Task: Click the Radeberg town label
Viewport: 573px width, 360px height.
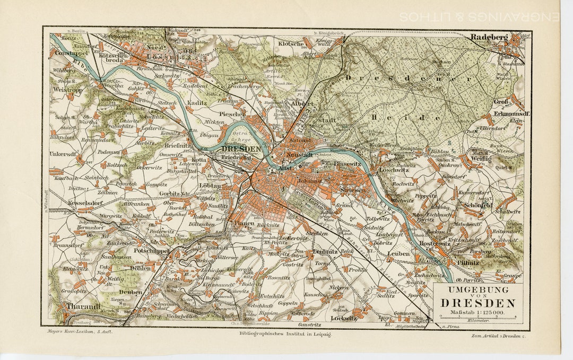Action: coord(489,37)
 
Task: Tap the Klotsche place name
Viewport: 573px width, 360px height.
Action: coord(291,45)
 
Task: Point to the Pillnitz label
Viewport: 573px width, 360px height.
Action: coord(467,262)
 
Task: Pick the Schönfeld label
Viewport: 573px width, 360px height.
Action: coord(478,205)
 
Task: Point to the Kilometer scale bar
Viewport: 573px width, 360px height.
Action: coord(477,318)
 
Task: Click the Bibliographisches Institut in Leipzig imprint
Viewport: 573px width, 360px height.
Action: coord(285,335)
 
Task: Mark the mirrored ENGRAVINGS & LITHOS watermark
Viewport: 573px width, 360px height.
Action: coord(479,17)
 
